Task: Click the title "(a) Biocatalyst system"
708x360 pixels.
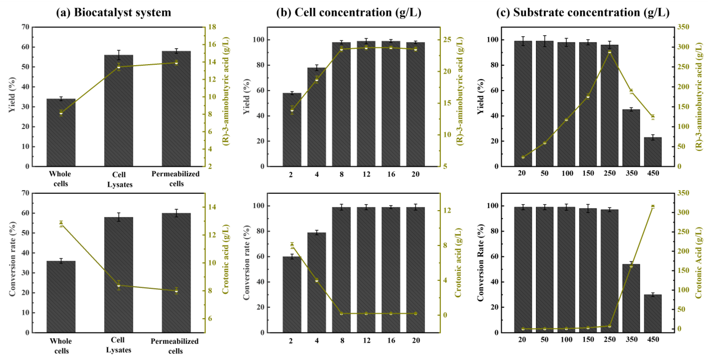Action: pyautogui.click(x=113, y=12)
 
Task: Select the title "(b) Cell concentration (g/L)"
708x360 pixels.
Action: pyautogui.click(x=349, y=12)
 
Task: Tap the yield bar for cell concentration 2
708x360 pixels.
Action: pyautogui.click(x=292, y=129)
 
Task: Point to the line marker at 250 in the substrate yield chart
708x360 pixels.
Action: pyautogui.click(x=610, y=52)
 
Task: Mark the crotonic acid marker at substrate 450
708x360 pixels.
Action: pyautogui.click(x=653, y=206)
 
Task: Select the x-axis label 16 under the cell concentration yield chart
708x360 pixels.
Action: pyautogui.click(x=391, y=174)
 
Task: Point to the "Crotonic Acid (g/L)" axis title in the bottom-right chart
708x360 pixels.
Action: pyautogui.click(x=699, y=263)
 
